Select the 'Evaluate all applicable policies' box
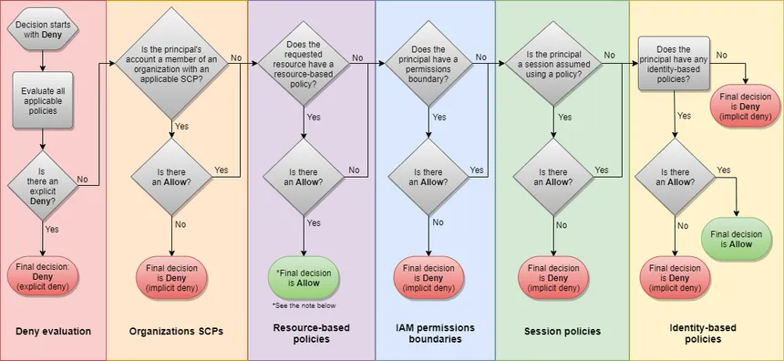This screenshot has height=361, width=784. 44,98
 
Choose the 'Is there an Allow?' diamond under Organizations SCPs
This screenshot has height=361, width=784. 172,176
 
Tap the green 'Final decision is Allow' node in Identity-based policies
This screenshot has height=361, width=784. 740,239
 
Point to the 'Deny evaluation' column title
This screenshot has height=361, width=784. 53,331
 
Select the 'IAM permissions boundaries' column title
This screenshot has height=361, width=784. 435,333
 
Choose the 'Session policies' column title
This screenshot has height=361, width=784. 562,331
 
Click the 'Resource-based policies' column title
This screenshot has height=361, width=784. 311,333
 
